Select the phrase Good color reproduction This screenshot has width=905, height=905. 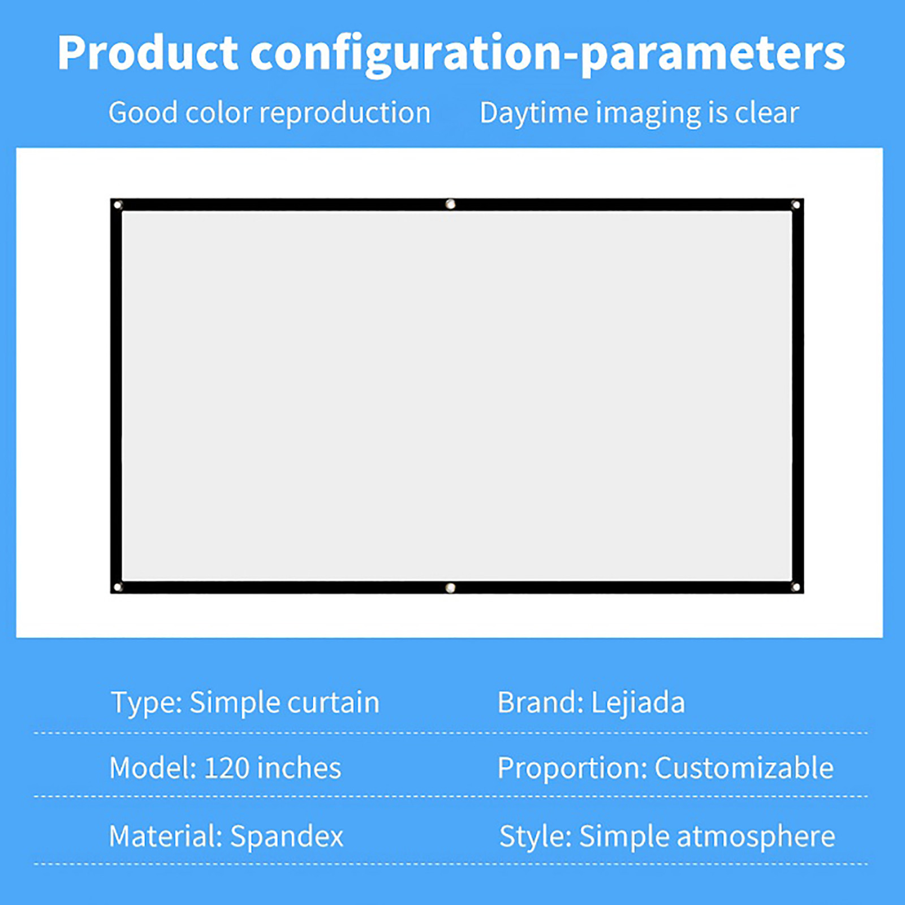(x=269, y=114)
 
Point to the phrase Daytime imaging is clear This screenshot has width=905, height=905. (x=639, y=114)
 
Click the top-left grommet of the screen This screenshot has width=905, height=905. (x=118, y=205)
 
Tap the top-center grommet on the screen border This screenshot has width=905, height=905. (x=450, y=204)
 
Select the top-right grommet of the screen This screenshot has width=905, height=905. (x=795, y=205)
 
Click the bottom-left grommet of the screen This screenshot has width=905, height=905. (x=118, y=587)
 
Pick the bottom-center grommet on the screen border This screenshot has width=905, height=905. (x=450, y=588)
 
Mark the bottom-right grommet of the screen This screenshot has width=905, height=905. (x=795, y=587)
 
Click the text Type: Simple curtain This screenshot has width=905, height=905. (x=245, y=703)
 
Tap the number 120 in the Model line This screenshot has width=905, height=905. (x=227, y=768)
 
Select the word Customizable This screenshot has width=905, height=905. (x=744, y=768)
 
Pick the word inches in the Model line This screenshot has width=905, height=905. (x=299, y=768)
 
